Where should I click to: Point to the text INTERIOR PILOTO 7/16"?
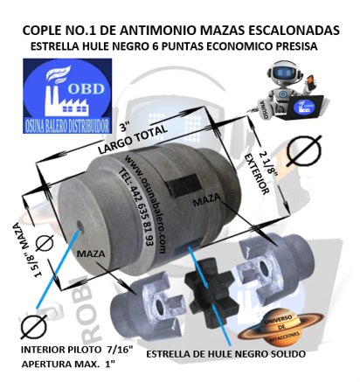[x=76, y=349]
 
